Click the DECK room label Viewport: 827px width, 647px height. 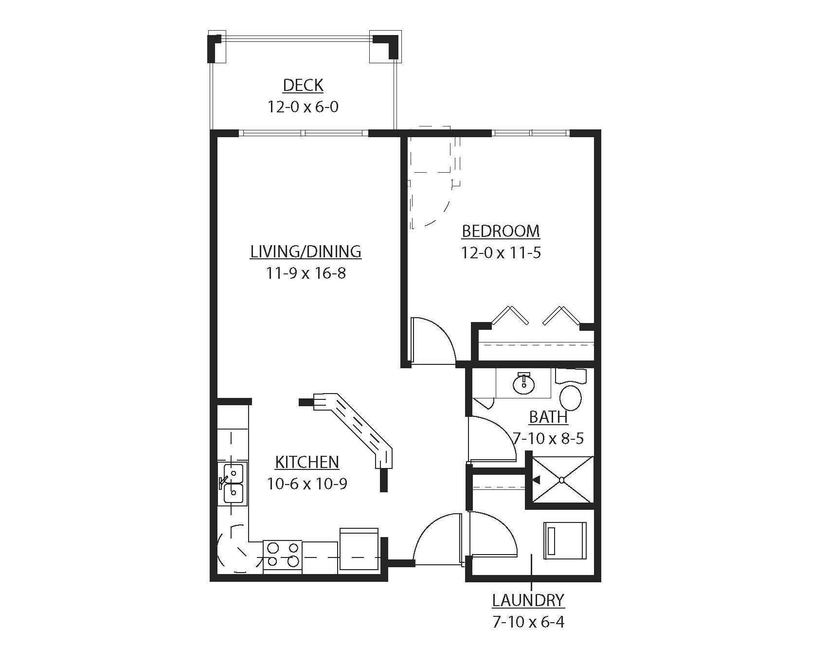point(303,86)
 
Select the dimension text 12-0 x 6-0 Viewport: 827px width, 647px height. point(303,107)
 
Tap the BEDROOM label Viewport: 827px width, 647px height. point(501,231)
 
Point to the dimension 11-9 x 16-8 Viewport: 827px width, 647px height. point(306,273)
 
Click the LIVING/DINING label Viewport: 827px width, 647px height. point(306,252)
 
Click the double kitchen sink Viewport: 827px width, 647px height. point(233,483)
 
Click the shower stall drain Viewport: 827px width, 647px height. point(561,480)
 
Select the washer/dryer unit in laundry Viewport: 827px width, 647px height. point(565,540)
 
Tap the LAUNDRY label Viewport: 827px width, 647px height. point(528,600)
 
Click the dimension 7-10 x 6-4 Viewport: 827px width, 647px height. point(528,622)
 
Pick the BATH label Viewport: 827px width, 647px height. point(548,417)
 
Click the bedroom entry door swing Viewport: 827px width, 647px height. point(433,341)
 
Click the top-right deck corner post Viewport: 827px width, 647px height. point(386,46)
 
